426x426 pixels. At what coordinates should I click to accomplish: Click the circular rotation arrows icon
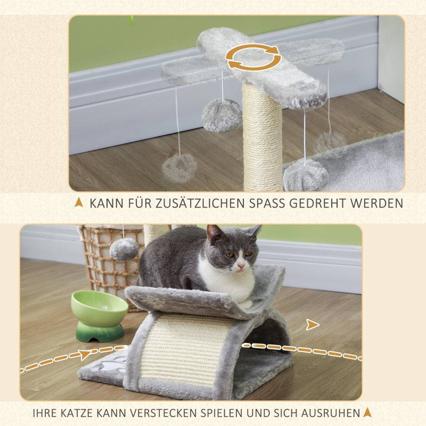tap(253, 57)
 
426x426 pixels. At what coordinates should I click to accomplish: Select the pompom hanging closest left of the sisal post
tap(222, 115)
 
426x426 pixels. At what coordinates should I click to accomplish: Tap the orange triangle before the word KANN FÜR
tap(79, 202)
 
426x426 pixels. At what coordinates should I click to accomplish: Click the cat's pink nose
tap(241, 265)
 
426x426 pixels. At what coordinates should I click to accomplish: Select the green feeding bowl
tap(99, 314)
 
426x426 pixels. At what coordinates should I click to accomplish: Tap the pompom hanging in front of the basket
tap(124, 249)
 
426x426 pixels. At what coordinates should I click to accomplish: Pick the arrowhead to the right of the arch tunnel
tap(312, 324)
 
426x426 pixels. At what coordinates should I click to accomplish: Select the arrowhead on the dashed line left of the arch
tap(85, 354)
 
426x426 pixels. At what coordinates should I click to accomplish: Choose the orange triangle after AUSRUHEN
tap(367, 412)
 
